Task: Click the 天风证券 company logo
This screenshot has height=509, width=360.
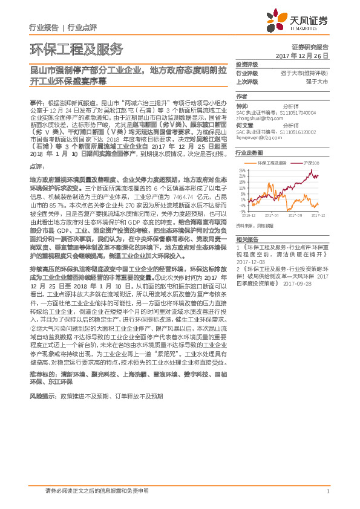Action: pyautogui.click(x=297, y=21)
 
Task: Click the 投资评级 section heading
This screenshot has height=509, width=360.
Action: pyautogui.click(x=247, y=64)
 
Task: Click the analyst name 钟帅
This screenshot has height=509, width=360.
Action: pyautogui.click(x=242, y=105)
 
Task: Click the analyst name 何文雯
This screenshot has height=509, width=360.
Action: pyautogui.click(x=244, y=126)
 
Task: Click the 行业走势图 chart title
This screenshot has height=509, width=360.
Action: pyautogui.click(x=249, y=154)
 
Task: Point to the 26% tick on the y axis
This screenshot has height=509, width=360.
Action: pyautogui.click(x=243, y=170)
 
